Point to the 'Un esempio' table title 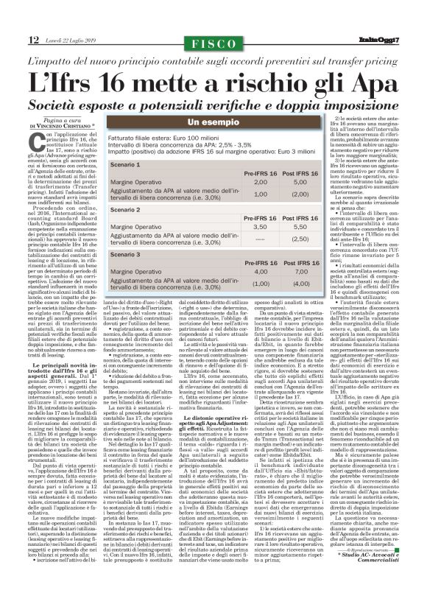213,121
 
